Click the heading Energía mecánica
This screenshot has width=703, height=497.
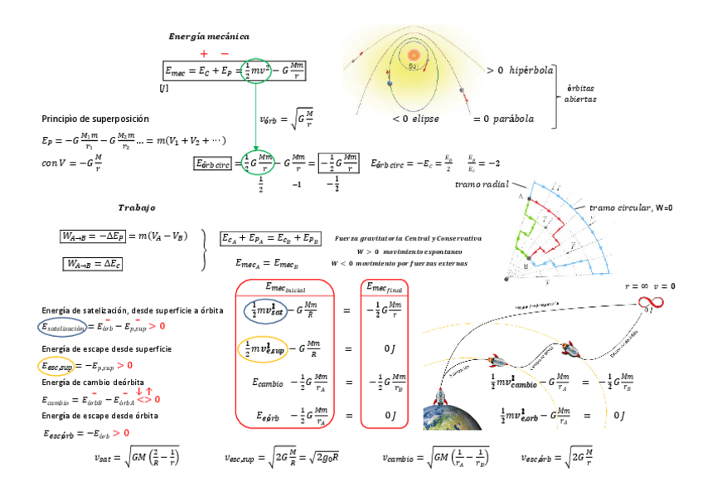point(208,37)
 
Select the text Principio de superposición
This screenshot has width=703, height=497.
point(95,119)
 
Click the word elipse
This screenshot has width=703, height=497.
point(422,119)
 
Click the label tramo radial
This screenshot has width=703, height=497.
point(481,184)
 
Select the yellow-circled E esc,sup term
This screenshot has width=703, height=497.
point(56,365)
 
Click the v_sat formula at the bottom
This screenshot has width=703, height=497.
point(137,456)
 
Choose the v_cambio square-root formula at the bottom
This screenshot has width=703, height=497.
point(436,456)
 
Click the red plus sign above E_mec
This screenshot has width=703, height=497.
point(204,54)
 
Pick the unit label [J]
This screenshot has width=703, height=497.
point(163,87)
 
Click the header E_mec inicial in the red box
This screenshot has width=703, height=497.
point(284,287)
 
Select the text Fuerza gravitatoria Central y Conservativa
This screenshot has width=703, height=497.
point(408,238)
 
